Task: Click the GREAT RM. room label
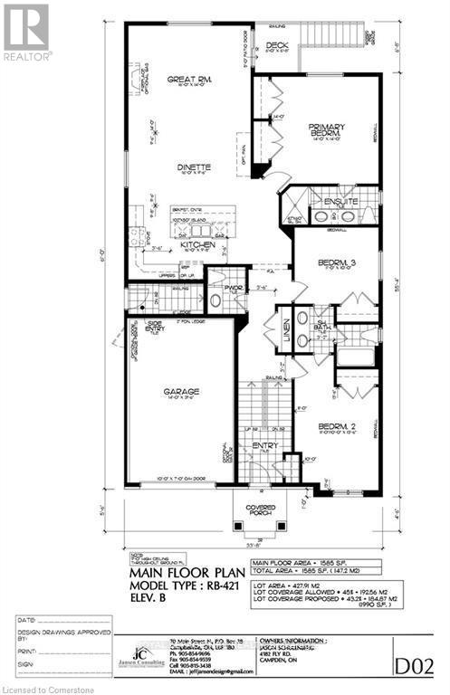click(x=188, y=80)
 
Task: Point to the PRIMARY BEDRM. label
click(x=323, y=129)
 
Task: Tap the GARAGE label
click(x=183, y=391)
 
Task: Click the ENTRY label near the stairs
click(x=265, y=444)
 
